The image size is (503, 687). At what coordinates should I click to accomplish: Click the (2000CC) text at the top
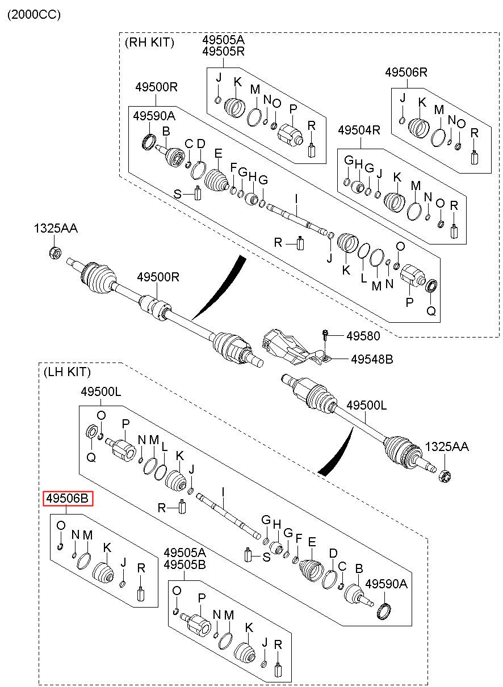pos(34,15)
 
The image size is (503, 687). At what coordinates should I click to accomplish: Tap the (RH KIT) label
pos(149,43)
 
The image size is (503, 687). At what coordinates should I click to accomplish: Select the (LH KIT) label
pos(67,372)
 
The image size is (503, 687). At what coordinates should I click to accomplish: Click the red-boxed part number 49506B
pos(68,499)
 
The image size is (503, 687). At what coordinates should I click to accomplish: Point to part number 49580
pos(363,336)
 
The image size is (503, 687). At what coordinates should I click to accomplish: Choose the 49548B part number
pos(372,359)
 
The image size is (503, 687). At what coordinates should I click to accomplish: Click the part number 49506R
pos(406,73)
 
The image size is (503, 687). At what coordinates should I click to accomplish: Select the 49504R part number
pos(359,130)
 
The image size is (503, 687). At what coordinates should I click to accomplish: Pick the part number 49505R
pos(223,52)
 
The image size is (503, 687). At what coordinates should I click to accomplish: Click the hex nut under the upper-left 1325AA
pos(55,252)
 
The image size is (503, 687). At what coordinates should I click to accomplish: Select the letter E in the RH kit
pos(218,153)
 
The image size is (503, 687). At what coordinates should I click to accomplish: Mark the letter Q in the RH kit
pos(431,311)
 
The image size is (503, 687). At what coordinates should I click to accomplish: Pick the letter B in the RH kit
pos(166,131)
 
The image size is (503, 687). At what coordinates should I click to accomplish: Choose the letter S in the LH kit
pos(266,557)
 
